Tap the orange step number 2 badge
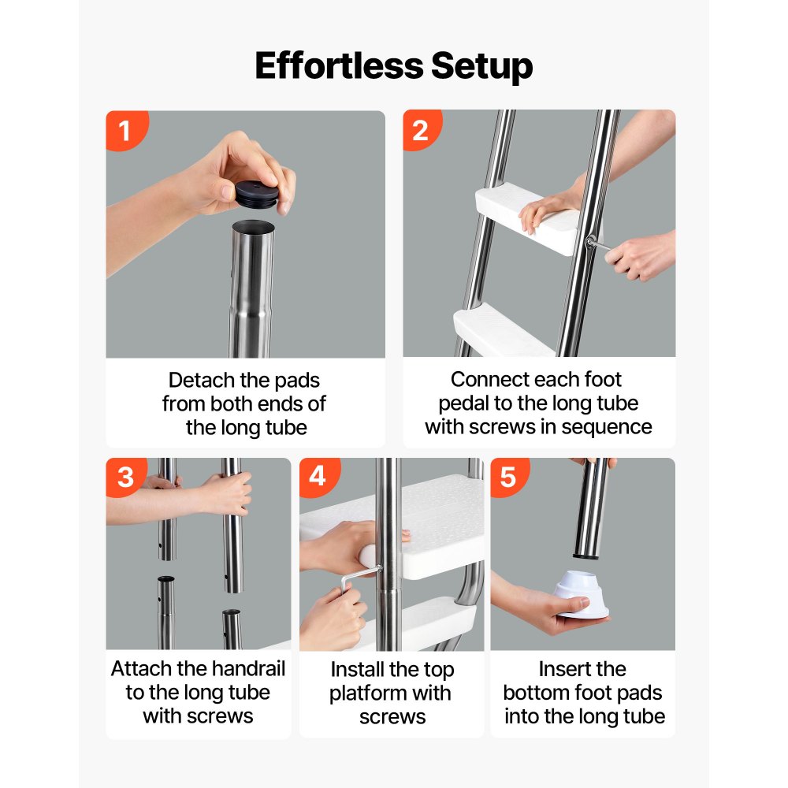coord(420,129)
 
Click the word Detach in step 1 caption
coord(202,381)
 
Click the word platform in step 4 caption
coord(369,693)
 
